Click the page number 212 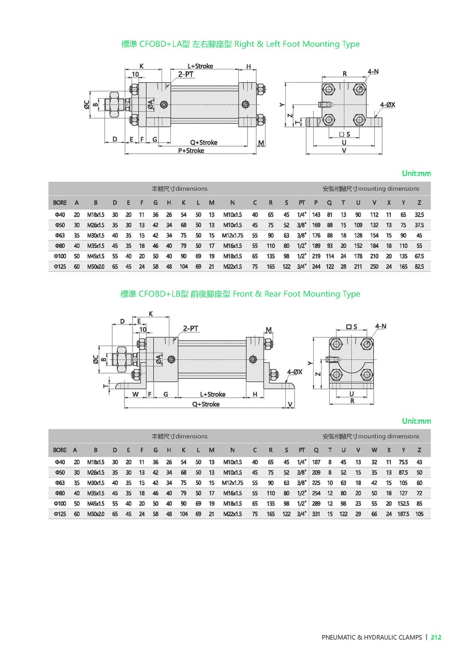435,637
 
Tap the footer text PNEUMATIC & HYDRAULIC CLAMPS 372,637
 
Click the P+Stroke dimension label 191,151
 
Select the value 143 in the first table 316,215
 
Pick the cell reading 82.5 419,267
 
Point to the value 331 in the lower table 316,514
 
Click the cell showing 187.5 403,514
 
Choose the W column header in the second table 374,450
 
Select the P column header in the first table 316,202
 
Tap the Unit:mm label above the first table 416,173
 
